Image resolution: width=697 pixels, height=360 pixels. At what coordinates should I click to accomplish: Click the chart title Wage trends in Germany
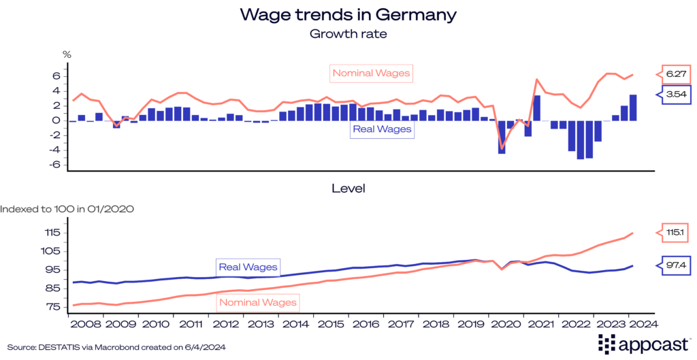click(x=348, y=14)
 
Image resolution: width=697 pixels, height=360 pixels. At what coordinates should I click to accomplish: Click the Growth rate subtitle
click(x=348, y=32)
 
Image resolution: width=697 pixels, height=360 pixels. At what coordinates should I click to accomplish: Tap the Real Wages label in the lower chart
click(x=248, y=267)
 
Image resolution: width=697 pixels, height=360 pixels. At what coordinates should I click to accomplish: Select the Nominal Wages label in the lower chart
click(x=259, y=301)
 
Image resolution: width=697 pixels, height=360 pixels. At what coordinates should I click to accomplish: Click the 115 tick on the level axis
click(x=52, y=232)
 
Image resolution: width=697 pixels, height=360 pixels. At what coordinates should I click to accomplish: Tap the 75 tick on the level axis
click(x=54, y=306)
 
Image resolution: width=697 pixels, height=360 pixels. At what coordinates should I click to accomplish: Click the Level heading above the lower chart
click(x=348, y=187)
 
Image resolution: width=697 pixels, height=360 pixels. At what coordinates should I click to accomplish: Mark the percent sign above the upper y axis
click(x=67, y=53)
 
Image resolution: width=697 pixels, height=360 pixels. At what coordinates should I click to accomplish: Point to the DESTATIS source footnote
click(x=115, y=347)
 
